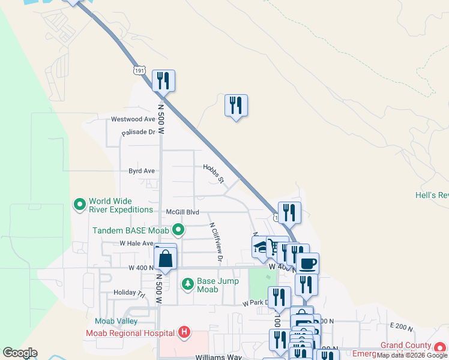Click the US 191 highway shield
coord(139,70)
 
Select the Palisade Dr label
coord(138,132)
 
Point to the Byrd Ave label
coord(142,171)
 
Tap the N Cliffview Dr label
coord(216,243)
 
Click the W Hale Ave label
coord(137,243)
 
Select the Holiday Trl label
coord(130,293)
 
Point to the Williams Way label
coord(218,356)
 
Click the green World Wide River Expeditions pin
coord(79,205)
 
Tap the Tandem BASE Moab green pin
coord(178,229)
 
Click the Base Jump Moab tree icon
coord(188,283)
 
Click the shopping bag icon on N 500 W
coord(166,259)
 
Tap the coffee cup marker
coord(308,263)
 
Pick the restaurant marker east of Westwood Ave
coord(236,106)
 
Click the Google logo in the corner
coord(20,353)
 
